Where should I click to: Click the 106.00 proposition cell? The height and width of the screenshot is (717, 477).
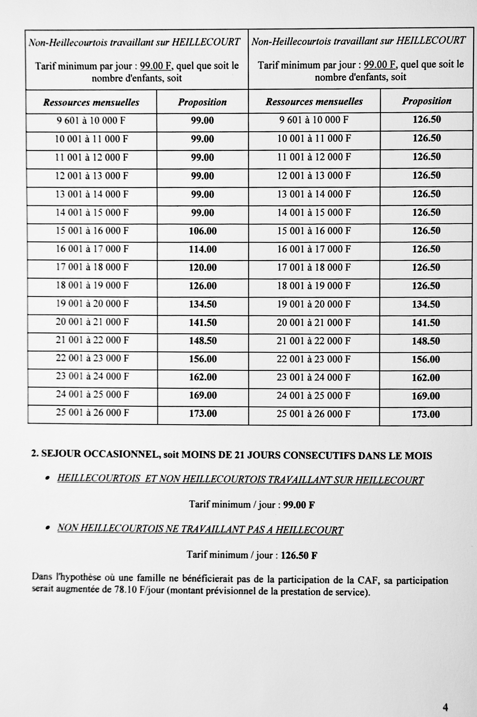(x=203, y=231)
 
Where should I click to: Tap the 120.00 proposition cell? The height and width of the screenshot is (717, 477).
(x=203, y=268)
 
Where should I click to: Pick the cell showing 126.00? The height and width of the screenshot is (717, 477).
(x=203, y=286)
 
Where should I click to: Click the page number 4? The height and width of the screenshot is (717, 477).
(x=445, y=698)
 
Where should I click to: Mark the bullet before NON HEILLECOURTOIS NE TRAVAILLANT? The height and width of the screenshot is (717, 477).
(x=48, y=528)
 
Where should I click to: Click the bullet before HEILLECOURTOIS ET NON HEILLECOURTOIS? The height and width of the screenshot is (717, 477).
(x=48, y=479)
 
